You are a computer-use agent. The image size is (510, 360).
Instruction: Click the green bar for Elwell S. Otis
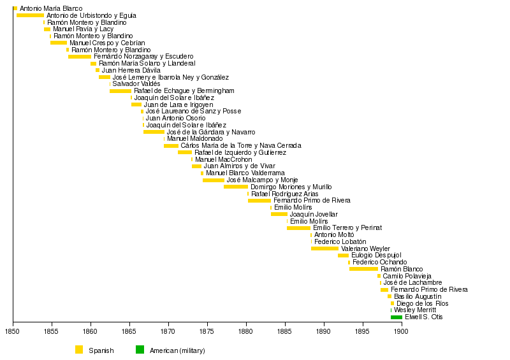pos(397,317)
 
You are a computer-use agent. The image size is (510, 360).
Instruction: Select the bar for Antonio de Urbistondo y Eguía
pos(30,15)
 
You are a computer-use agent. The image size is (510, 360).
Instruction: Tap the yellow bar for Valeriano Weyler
pos(324,248)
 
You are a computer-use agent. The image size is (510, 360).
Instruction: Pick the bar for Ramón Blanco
pos(363,269)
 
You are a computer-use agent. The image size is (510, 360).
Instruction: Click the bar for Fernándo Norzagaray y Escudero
pos(80,57)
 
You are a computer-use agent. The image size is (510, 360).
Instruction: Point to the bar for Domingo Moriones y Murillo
pos(235,187)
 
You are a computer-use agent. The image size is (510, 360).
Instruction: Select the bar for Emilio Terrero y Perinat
pos(298,227)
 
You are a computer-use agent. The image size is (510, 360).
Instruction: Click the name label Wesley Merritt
pos(414,310)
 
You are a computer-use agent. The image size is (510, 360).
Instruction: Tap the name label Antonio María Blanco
pos(51,8)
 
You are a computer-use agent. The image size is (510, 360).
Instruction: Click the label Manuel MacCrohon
pos(223,159)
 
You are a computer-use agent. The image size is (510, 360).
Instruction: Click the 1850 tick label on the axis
pos(13,332)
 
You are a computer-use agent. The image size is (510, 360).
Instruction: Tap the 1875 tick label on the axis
pos(207,332)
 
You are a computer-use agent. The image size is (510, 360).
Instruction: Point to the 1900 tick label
pos(401,332)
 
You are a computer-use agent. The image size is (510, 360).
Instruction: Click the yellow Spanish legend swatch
pos(79,349)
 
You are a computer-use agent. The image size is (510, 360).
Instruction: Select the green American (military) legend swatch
pos(140,349)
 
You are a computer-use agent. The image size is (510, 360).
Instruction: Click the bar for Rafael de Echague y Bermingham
pos(120,91)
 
